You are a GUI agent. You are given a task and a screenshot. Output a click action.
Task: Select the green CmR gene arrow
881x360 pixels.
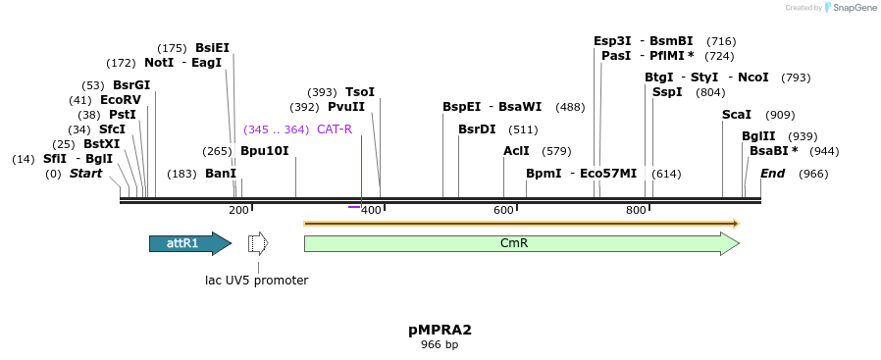(520, 244)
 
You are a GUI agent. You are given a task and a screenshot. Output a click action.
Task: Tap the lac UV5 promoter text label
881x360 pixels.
(257, 281)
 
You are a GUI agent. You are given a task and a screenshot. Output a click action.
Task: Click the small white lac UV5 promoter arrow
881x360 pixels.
(258, 243)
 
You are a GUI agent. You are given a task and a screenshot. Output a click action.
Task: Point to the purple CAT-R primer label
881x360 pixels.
(335, 129)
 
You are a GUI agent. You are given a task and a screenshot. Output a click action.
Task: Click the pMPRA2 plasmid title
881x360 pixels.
(440, 330)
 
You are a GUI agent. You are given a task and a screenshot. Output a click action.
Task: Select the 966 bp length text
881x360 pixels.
(440, 345)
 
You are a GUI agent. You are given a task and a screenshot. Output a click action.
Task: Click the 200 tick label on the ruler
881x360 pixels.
(238, 210)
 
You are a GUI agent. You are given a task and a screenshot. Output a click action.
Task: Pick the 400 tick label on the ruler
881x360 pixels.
(371, 210)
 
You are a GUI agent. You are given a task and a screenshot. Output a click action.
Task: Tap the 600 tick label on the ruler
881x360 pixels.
(503, 210)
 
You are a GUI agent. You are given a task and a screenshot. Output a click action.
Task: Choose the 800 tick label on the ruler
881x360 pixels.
(636, 210)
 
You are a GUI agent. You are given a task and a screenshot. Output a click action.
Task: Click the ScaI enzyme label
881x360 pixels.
(737, 115)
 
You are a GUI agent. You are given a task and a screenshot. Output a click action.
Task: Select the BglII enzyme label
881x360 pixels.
(758, 136)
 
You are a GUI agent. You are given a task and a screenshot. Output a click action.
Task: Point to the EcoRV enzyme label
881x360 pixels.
(121, 100)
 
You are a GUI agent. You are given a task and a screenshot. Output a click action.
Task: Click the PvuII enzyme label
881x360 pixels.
(346, 107)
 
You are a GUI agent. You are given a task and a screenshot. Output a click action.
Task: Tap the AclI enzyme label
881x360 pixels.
(516, 151)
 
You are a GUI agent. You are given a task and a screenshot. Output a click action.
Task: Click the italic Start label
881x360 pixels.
(85, 174)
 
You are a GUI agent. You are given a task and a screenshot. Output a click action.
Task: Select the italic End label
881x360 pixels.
(773, 174)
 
